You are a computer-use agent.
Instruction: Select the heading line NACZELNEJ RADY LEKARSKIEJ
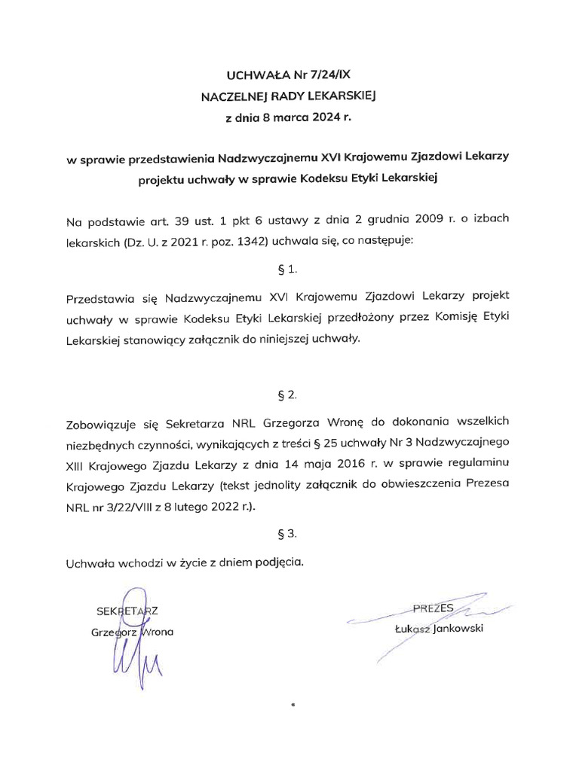pyautogui.click(x=289, y=96)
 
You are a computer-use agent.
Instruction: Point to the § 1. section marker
pyautogui.click(x=289, y=268)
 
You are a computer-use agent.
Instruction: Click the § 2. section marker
pyautogui.click(x=289, y=395)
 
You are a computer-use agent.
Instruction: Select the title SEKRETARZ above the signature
pyautogui.click(x=127, y=610)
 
